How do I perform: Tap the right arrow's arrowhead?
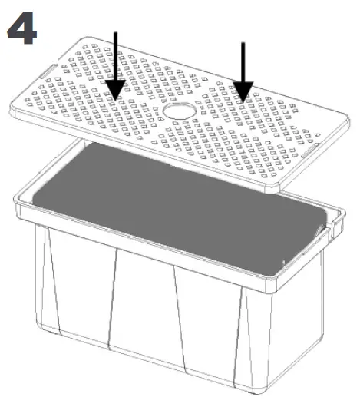(243, 94)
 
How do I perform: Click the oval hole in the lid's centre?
(180, 112)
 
